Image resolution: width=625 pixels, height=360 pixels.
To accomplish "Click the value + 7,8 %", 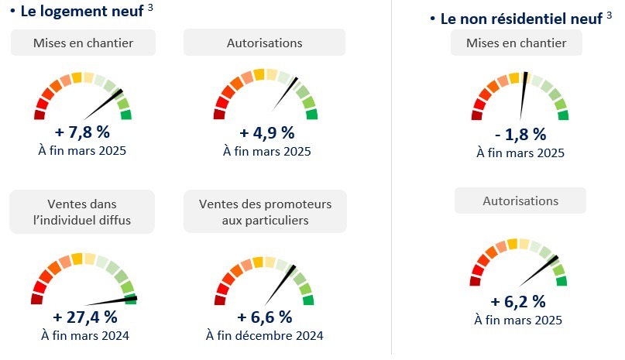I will [x=82, y=130].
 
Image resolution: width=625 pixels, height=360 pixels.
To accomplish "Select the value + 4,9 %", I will [x=266, y=130].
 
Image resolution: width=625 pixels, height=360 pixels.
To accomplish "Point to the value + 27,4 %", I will [x=84, y=317].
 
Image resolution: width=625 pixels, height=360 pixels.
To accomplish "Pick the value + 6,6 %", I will [x=265, y=317].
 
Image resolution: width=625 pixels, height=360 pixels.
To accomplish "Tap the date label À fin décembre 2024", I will [x=265, y=335].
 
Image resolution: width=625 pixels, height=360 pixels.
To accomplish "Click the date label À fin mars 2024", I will [x=84, y=335].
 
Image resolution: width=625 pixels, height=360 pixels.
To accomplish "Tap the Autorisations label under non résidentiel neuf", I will [x=520, y=201].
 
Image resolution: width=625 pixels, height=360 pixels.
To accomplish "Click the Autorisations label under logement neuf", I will [x=265, y=43].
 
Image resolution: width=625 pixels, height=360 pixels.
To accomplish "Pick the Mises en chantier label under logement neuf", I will [x=83, y=43].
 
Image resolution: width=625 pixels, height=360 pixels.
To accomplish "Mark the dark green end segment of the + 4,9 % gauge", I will [x=311, y=115].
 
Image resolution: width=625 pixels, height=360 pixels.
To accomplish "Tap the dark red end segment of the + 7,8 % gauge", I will [x=39, y=115].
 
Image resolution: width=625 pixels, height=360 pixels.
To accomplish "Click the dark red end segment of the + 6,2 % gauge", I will [x=476, y=281].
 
